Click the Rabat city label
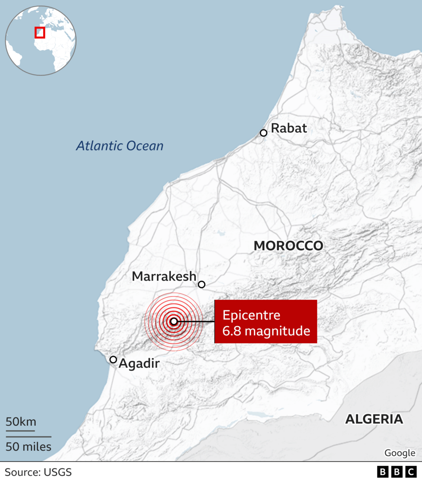coord(289,128)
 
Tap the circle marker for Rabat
coord(263,133)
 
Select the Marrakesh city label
coord(164,276)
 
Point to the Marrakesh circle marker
coord(201,284)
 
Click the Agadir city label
coord(139,364)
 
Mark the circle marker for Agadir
coord(113,360)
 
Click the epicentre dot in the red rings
coord(174,322)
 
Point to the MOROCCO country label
coord(288,246)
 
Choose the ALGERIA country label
coord(374,419)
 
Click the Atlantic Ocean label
coord(120,146)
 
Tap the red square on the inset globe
coord(40,33)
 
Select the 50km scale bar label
coord(21,422)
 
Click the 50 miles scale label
coord(29,446)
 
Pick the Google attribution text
coord(400,452)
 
